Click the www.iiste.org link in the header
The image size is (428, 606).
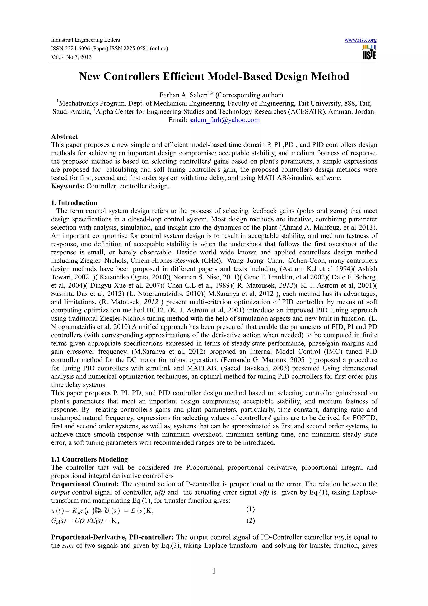pyautogui.click(x=360, y=40)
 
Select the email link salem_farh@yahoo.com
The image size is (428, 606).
pyautogui.click(x=224, y=120)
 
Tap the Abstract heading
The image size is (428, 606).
pyautogui.click(x=64, y=137)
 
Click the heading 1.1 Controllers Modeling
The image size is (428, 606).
pyautogui.click(x=89, y=459)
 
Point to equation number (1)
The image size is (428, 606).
pyautogui.click(x=250, y=509)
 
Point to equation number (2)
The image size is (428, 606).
pyautogui.click(x=250, y=520)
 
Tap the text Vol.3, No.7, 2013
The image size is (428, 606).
pyautogui.click(x=71, y=57)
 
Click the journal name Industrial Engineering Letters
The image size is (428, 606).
pyautogui.click(x=85, y=40)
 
